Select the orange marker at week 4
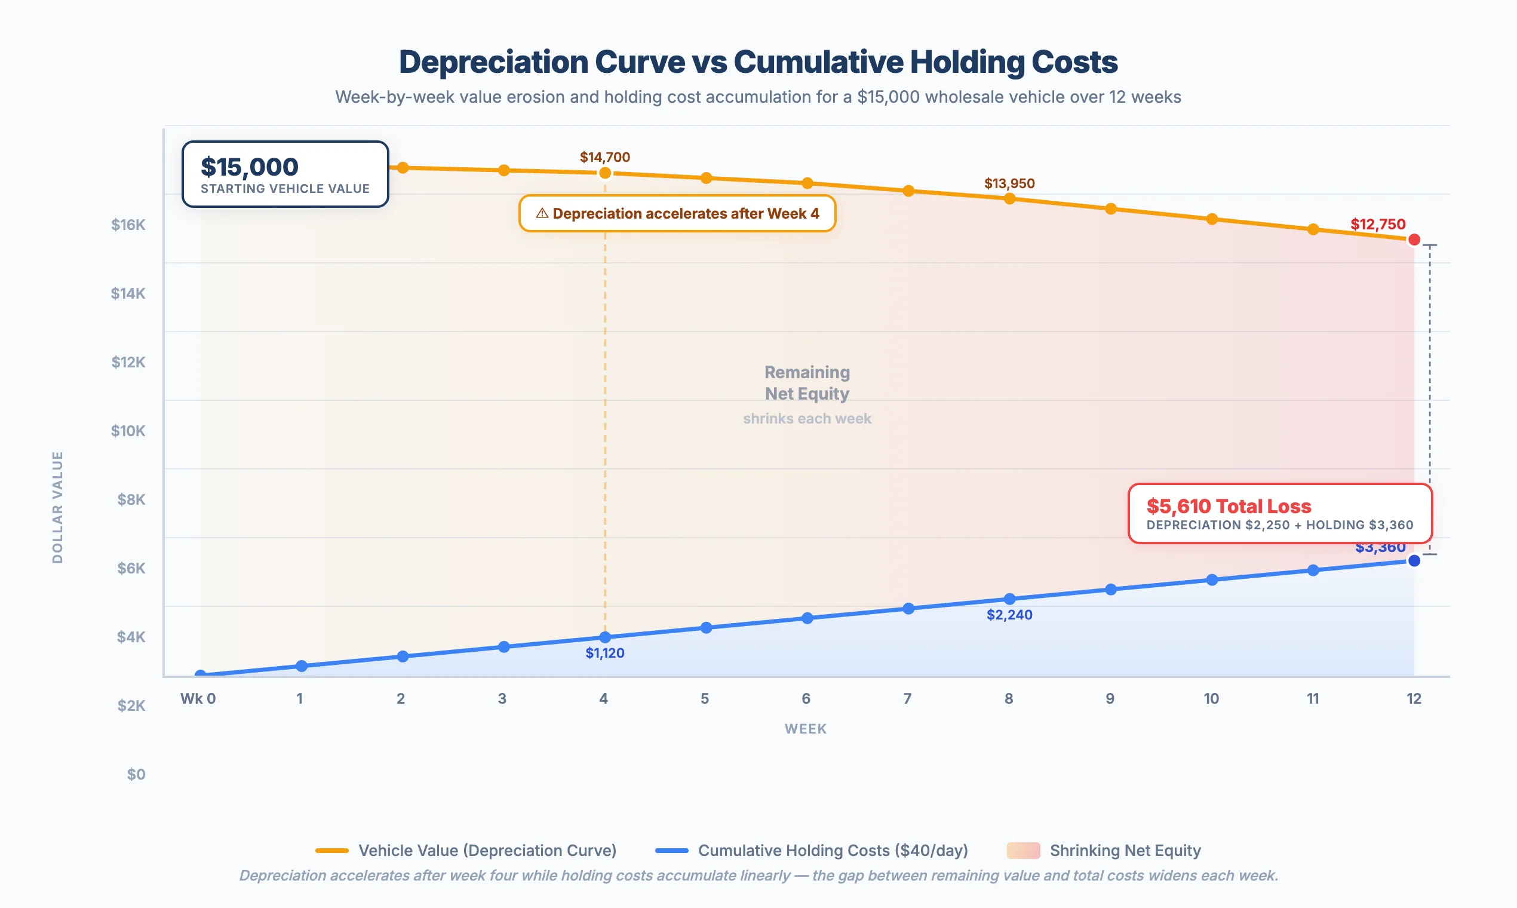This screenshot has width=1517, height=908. click(x=605, y=173)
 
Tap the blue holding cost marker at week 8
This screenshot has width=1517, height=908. click(x=1010, y=599)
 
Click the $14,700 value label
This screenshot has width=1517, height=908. click(x=605, y=157)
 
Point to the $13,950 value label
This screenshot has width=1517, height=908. click(x=1009, y=183)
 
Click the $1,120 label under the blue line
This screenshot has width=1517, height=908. click(x=605, y=653)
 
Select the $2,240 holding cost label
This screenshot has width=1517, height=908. click(x=1009, y=615)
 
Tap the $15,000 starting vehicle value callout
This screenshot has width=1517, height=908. click(x=285, y=174)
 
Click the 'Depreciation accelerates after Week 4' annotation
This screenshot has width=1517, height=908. click(x=677, y=213)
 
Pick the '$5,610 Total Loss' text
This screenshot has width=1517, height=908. click(x=1229, y=506)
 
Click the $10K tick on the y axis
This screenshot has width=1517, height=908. click(x=128, y=431)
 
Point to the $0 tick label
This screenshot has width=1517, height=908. click(x=136, y=775)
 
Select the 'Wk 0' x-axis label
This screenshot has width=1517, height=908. click(x=198, y=699)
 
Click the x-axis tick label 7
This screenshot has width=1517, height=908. click(x=907, y=699)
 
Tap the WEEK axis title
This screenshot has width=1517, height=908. click(x=806, y=729)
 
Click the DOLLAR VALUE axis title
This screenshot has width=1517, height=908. click(x=57, y=507)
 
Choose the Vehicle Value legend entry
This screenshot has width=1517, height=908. click(x=466, y=851)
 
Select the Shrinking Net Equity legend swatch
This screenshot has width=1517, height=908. click(x=1022, y=851)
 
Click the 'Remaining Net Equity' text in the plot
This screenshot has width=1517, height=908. click(x=807, y=383)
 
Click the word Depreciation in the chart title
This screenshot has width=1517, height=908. click(x=494, y=62)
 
